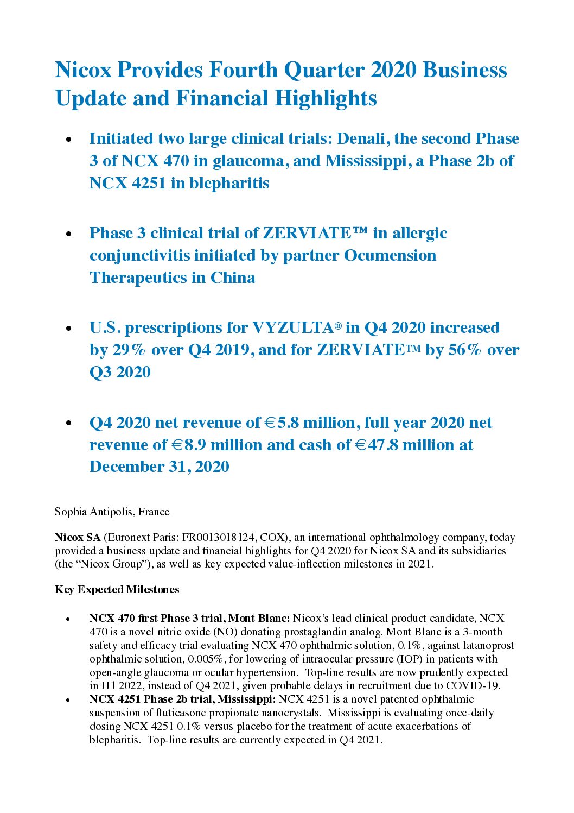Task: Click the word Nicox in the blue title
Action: (84, 70)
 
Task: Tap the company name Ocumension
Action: (390, 255)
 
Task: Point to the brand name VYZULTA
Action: (292, 328)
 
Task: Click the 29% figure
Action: (129, 350)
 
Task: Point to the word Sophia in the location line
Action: (69, 512)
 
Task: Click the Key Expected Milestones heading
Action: (117, 589)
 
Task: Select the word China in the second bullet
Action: (233, 278)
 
